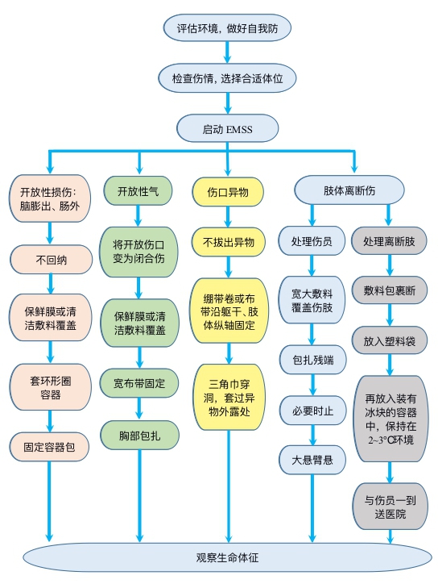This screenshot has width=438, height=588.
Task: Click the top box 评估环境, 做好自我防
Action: pos(227,27)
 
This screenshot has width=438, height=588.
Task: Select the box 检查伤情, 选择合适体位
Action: pos(227,78)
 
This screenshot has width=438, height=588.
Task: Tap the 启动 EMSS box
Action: pos(227,128)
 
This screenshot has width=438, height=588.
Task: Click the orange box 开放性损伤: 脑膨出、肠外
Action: pos(50,198)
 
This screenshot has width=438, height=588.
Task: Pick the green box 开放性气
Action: pos(138,191)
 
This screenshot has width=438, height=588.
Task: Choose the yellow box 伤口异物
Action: pos(228,192)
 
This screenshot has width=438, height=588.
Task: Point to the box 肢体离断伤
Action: pos(349,190)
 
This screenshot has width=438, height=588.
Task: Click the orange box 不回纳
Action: pos(51,260)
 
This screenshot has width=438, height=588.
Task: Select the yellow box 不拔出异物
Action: pos(229,242)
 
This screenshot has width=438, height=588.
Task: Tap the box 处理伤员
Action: pos(312,240)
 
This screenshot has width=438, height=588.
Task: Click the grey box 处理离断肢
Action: pos(389,240)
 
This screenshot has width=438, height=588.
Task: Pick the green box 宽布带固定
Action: pos(139,383)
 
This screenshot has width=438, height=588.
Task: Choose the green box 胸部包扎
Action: pos(139,435)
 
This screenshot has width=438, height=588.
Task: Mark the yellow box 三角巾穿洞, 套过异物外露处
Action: pos(229,397)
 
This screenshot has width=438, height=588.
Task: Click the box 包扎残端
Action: pos(313,360)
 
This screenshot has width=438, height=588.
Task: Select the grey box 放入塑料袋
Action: pos(390,340)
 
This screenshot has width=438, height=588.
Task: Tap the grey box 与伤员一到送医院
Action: pos(390,507)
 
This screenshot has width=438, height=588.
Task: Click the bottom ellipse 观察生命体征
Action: pos(227,557)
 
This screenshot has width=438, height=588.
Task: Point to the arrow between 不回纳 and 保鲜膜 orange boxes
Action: pos(51,284)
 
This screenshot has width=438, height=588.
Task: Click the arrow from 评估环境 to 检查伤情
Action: pos(227,52)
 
